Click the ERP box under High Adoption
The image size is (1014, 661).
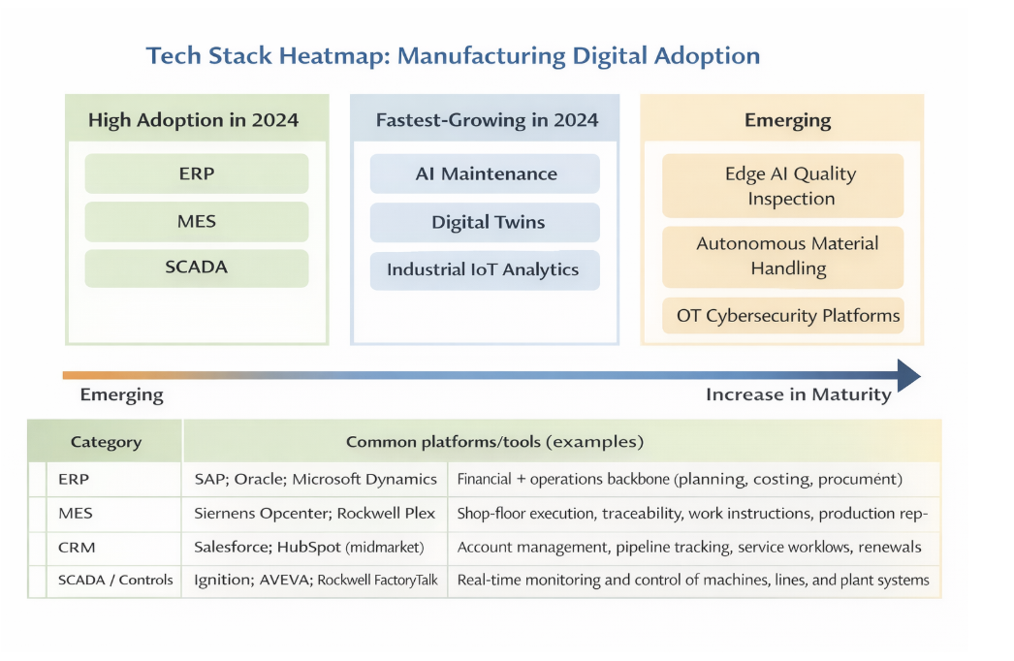point(197,173)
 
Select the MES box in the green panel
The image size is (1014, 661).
point(197,221)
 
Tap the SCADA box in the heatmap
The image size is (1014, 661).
point(197,268)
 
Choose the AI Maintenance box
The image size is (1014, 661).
point(485,173)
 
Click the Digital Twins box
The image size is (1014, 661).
point(485,222)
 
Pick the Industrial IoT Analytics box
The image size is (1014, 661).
point(485,269)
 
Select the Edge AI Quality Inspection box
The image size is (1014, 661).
point(782,186)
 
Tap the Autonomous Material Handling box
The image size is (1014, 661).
point(782,257)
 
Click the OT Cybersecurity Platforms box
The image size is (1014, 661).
point(782,316)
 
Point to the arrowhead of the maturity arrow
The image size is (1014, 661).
point(920,375)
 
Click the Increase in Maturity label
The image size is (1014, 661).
point(799,394)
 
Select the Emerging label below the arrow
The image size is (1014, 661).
point(121,395)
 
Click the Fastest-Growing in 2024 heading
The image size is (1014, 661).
point(487,120)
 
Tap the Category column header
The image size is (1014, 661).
point(106,442)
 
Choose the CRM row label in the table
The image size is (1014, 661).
point(77,548)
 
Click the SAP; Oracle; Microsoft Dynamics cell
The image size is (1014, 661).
point(316,479)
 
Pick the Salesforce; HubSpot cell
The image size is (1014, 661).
point(309,548)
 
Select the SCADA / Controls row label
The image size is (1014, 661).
point(115,580)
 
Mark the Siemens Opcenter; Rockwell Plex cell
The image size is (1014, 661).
point(315,514)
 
